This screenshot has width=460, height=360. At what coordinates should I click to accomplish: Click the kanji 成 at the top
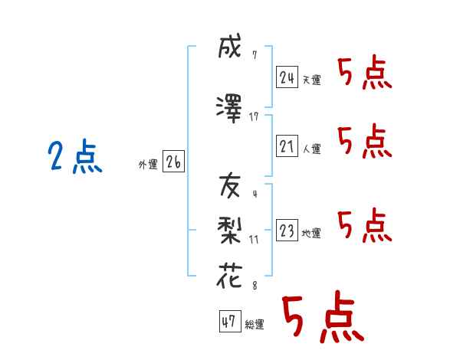coord(230,46)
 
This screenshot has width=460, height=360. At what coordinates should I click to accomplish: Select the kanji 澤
coord(229,109)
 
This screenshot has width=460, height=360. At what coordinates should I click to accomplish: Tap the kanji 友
coord(230,185)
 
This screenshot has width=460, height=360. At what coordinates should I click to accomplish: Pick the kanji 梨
coord(229,231)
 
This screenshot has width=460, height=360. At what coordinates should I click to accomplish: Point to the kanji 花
coord(229,276)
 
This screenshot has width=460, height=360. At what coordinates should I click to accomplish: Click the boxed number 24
coord(287,77)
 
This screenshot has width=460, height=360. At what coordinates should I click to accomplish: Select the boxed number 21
coord(287,146)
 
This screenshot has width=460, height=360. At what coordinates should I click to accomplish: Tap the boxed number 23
coord(287,230)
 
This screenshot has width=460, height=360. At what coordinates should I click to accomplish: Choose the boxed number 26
coord(173,162)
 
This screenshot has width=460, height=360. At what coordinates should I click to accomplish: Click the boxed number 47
coord(230,321)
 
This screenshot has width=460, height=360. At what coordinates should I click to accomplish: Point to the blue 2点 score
coord(75,155)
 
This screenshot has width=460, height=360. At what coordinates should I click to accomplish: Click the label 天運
coord(311,80)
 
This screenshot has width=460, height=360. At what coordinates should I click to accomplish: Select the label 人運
coord(311,149)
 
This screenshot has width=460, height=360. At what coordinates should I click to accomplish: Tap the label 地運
coord(311,234)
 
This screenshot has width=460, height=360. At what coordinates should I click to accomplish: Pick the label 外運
coord(148,165)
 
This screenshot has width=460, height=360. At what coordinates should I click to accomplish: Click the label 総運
coord(255,325)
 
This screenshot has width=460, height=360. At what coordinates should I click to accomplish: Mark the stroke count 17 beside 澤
coord(254,117)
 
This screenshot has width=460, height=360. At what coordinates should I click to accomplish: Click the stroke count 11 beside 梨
coord(254,240)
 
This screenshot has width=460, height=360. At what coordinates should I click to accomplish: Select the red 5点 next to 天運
coord(365,72)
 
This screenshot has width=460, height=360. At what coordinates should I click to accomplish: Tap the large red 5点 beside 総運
coord(323,316)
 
